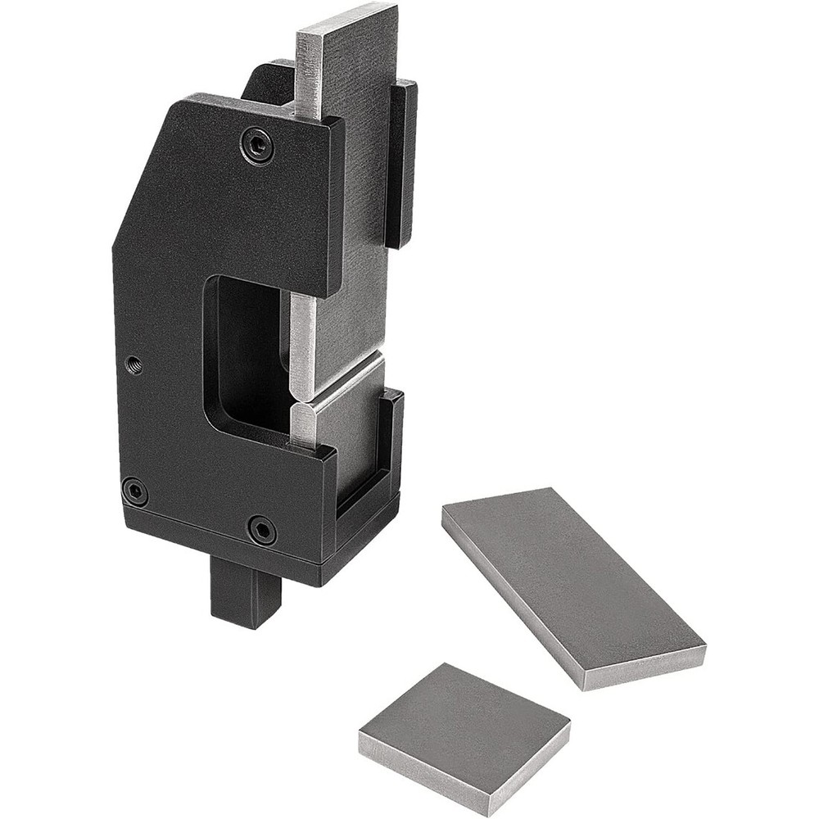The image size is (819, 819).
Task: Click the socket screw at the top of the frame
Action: (x=257, y=147)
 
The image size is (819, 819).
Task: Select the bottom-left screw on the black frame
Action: (x=135, y=491)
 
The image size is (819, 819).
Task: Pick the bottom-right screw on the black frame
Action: (x=262, y=530)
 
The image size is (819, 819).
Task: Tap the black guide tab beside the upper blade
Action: (x=401, y=164)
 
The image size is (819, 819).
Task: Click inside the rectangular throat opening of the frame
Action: (x=246, y=352)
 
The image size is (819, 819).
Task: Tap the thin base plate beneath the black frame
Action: (x=221, y=545)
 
